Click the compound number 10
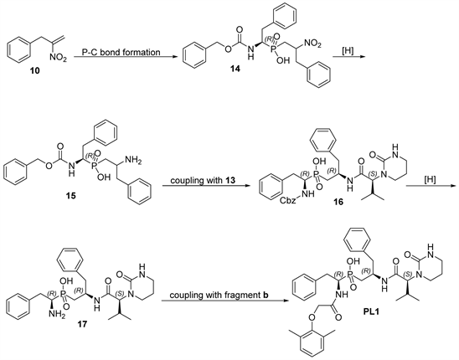point(35,70)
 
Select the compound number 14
point(235,69)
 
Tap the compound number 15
point(70,195)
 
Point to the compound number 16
point(338,202)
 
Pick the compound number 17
point(82,324)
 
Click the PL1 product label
point(371,312)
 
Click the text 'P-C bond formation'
point(121,53)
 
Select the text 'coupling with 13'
point(204,180)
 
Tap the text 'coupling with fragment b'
point(219,295)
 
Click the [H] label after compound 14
point(348,50)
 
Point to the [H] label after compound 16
point(430,180)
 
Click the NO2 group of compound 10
point(58,59)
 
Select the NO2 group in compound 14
point(312,44)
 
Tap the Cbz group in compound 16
point(290,201)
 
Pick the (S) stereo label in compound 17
point(121,293)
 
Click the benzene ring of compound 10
point(18,50)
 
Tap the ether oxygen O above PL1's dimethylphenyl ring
point(311,316)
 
